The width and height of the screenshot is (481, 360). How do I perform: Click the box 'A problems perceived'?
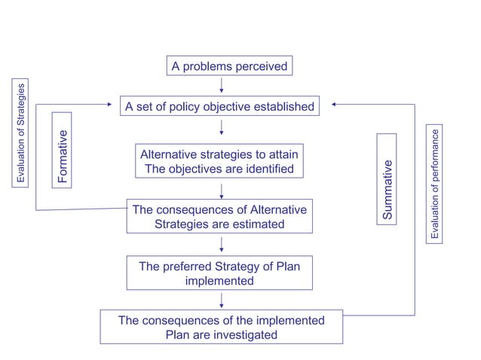(229, 66)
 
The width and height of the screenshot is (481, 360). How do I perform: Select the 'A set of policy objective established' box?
(219, 107)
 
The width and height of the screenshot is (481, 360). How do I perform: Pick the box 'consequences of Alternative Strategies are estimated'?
(219, 217)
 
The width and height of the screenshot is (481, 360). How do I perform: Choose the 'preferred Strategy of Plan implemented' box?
(219, 273)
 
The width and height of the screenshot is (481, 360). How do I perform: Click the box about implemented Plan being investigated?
(222, 328)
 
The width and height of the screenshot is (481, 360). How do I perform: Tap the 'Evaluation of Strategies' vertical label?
(22, 133)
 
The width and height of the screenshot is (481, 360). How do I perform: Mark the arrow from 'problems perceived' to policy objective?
(221, 85)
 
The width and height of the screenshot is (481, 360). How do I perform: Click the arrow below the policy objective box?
(221, 127)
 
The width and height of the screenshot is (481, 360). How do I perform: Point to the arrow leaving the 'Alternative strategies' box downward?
(221, 189)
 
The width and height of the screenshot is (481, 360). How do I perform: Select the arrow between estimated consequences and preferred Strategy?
(221, 244)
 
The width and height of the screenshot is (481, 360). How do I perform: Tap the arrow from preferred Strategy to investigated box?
(221, 300)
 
